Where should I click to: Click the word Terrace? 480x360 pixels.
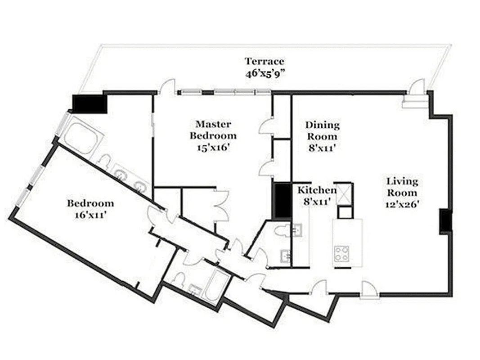point(264,61)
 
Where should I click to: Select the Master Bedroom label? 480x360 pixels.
point(213,130)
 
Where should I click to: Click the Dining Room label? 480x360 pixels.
point(322,130)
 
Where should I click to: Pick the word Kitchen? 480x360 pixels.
point(317,190)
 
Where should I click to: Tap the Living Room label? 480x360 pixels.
point(402,187)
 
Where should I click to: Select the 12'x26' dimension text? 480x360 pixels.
point(402,204)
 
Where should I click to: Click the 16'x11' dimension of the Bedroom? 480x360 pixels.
point(90,215)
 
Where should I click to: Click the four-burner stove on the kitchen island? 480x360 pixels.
point(341,253)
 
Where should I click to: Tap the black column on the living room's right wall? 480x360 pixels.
point(445,221)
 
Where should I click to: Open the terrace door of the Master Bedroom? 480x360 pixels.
point(167,87)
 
